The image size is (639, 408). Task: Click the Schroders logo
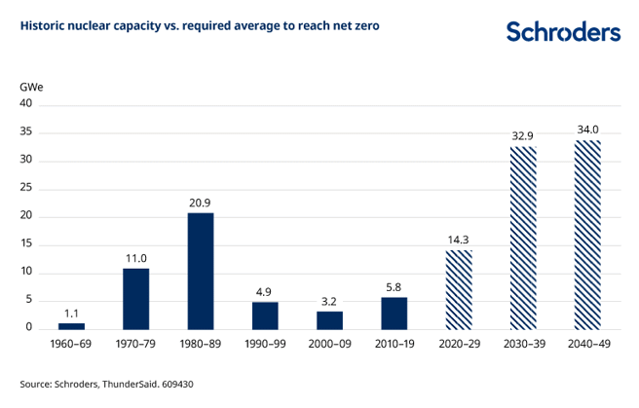tap(562, 32)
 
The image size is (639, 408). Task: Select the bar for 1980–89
tap(200, 271)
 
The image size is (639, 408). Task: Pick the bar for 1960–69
tap(71, 326)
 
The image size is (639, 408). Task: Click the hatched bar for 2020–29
tap(458, 290)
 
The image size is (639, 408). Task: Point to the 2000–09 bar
tap(329, 320)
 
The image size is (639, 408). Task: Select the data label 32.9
tap(522, 136)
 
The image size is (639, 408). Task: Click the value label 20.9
tap(200, 203)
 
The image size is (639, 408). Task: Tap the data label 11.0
tap(135, 258)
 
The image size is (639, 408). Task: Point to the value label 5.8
tap(394, 287)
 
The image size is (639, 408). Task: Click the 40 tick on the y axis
tap(26, 103)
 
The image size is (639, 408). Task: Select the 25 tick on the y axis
tap(26, 188)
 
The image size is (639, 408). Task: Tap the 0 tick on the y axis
tap(29, 328)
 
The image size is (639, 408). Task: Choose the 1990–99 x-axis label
tap(264, 345)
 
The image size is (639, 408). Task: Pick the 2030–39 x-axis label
tap(522, 345)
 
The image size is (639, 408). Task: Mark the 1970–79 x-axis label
tap(135, 345)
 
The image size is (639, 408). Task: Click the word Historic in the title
tap(44, 25)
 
